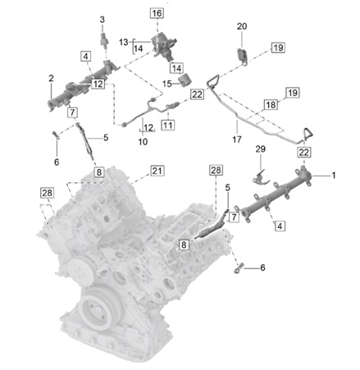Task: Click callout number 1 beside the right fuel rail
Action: click(x=334, y=175)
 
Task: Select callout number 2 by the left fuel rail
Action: click(x=51, y=78)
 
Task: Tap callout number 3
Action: click(x=103, y=19)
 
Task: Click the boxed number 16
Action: click(x=157, y=14)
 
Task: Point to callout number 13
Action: click(x=122, y=41)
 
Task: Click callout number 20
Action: click(x=241, y=26)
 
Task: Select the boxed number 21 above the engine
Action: click(x=157, y=171)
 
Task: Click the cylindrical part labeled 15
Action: click(x=187, y=82)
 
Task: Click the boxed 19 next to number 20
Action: click(x=278, y=48)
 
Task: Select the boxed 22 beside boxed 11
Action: click(x=197, y=94)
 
